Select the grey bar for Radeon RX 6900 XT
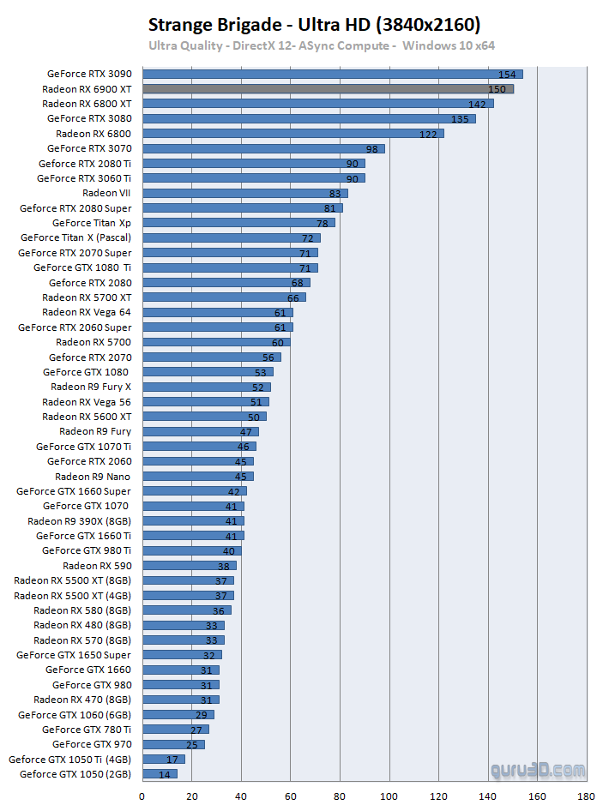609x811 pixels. (x=327, y=89)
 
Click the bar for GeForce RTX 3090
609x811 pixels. (x=332, y=75)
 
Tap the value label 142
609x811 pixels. (x=477, y=104)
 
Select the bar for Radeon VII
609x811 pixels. (x=244, y=193)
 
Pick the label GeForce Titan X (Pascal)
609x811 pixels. (x=75, y=237)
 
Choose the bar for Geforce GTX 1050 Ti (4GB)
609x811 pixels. (x=163, y=759)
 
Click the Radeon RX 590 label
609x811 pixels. (x=97, y=566)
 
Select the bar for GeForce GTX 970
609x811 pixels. (x=172, y=744)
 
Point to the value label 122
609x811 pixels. (x=427, y=134)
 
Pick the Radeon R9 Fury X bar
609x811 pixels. (x=206, y=387)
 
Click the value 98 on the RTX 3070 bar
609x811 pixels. (x=371, y=148)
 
